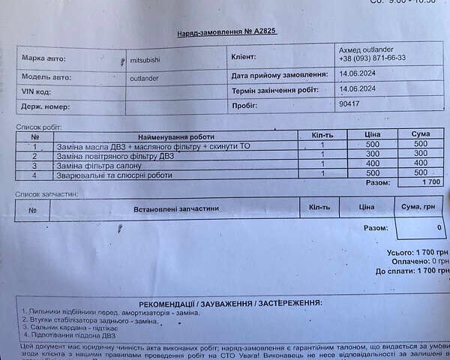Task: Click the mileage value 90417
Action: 350,105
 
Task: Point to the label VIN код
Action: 38,91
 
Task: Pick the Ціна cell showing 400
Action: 373,163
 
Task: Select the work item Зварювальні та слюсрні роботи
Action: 114,175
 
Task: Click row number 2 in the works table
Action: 34,155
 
